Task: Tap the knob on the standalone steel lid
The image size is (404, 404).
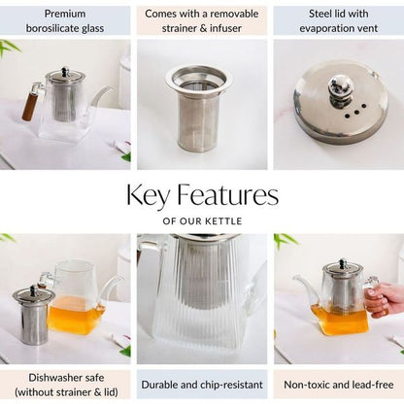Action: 338,87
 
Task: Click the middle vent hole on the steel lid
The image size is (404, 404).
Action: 356,113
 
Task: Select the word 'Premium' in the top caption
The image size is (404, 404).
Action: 65,14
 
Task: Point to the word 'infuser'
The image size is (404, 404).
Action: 225,28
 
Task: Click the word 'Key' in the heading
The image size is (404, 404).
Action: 148,195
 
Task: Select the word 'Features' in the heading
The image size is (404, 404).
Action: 227,195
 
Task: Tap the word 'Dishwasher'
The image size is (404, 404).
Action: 55,378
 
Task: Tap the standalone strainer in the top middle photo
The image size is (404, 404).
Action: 196,109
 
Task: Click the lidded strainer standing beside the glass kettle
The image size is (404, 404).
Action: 34,315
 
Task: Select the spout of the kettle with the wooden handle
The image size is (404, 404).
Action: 101,95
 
